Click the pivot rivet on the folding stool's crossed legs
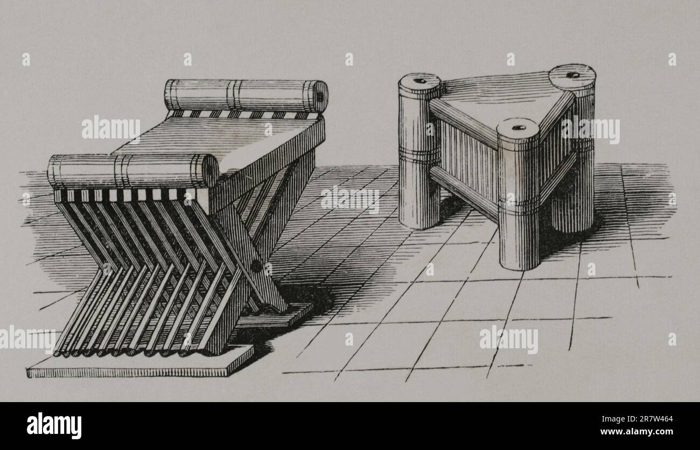[x=257, y=266]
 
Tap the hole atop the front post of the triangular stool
[x=519, y=128]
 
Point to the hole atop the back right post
[x=573, y=75]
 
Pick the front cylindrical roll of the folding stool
[x=134, y=171]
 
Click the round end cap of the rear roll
[x=318, y=96]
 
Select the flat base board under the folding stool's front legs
[x=141, y=362]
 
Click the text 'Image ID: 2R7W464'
[x=637, y=419]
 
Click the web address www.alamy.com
[x=636, y=432]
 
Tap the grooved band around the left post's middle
[x=419, y=153]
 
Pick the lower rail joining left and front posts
[x=464, y=193]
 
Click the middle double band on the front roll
[x=123, y=171]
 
